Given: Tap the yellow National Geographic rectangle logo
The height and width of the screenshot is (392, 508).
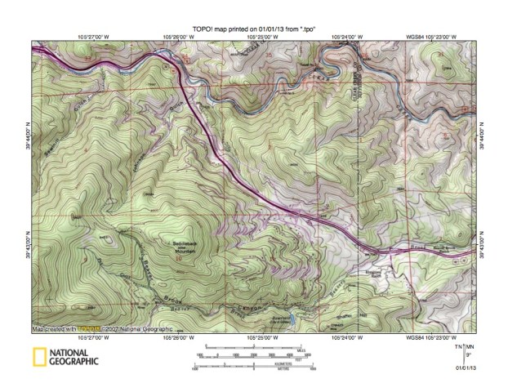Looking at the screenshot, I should pyautogui.click(x=38, y=356).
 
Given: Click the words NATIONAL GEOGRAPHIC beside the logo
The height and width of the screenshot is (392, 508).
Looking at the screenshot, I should pyautogui.click(x=74, y=356).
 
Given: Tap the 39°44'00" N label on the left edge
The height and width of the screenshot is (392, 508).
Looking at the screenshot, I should pyautogui.click(x=26, y=134).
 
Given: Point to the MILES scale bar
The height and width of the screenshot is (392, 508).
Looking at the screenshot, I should pyautogui.click(x=253, y=349).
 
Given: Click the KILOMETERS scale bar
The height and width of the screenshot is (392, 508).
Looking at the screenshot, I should pyautogui.click(x=253, y=363).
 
